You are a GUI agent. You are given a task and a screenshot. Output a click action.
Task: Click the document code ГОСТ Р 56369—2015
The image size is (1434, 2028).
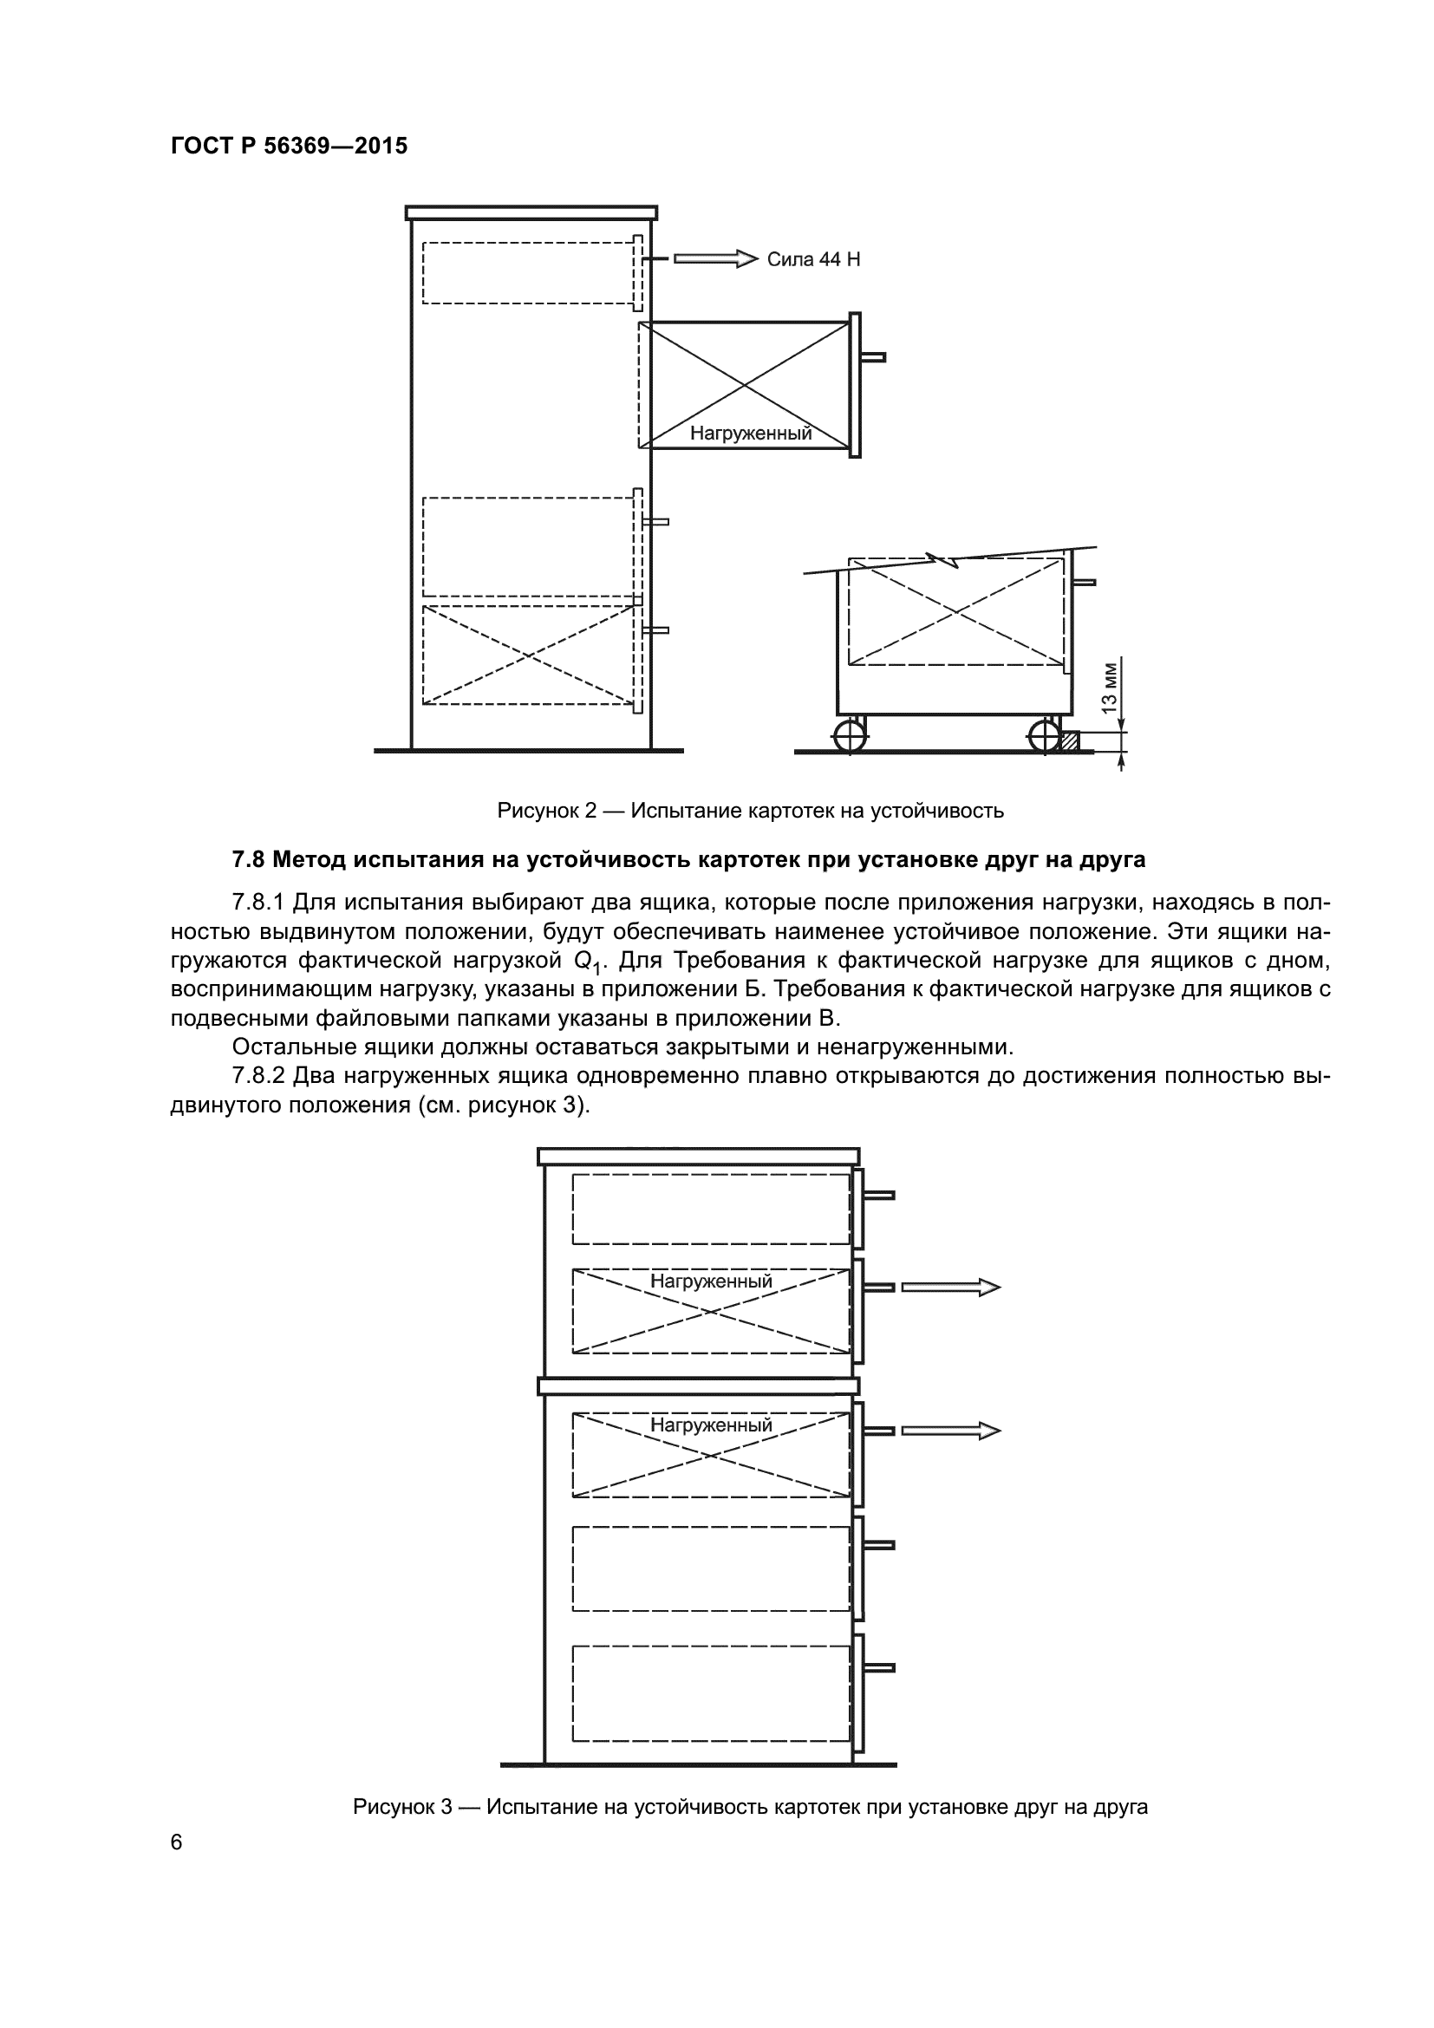[289, 146]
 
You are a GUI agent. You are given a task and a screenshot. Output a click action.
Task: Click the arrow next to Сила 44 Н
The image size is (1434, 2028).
[715, 258]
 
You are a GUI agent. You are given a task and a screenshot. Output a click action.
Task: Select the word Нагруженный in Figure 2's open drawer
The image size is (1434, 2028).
[751, 434]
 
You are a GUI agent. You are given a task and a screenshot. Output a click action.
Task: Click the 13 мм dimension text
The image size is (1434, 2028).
[1110, 687]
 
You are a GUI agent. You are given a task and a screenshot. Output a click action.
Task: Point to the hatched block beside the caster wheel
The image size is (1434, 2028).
[1069, 740]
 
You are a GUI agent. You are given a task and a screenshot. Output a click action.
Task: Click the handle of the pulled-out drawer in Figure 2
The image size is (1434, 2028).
[872, 358]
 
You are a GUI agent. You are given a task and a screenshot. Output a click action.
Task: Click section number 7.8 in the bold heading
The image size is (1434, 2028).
[248, 859]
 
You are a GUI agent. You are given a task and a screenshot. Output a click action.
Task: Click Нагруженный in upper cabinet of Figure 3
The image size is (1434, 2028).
[711, 1281]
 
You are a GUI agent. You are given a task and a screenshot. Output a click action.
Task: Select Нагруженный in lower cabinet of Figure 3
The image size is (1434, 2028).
[711, 1425]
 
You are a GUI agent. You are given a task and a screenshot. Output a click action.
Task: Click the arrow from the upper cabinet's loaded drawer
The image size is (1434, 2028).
[950, 1288]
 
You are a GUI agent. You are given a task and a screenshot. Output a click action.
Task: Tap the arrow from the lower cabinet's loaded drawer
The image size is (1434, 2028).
[950, 1431]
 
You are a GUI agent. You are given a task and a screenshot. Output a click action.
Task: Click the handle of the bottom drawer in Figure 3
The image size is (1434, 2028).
[878, 1667]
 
